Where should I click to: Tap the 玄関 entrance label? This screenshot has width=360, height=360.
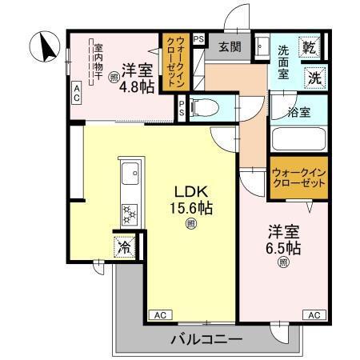pos(230,47)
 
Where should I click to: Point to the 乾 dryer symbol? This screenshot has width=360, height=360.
pos(312,48)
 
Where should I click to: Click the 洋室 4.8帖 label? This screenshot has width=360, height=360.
pos(137,76)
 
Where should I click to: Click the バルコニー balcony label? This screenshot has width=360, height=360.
pos(206,340)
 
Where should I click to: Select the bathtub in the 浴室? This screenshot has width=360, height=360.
pos(299,138)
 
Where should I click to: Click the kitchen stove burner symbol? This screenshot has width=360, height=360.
pos(128,213)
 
